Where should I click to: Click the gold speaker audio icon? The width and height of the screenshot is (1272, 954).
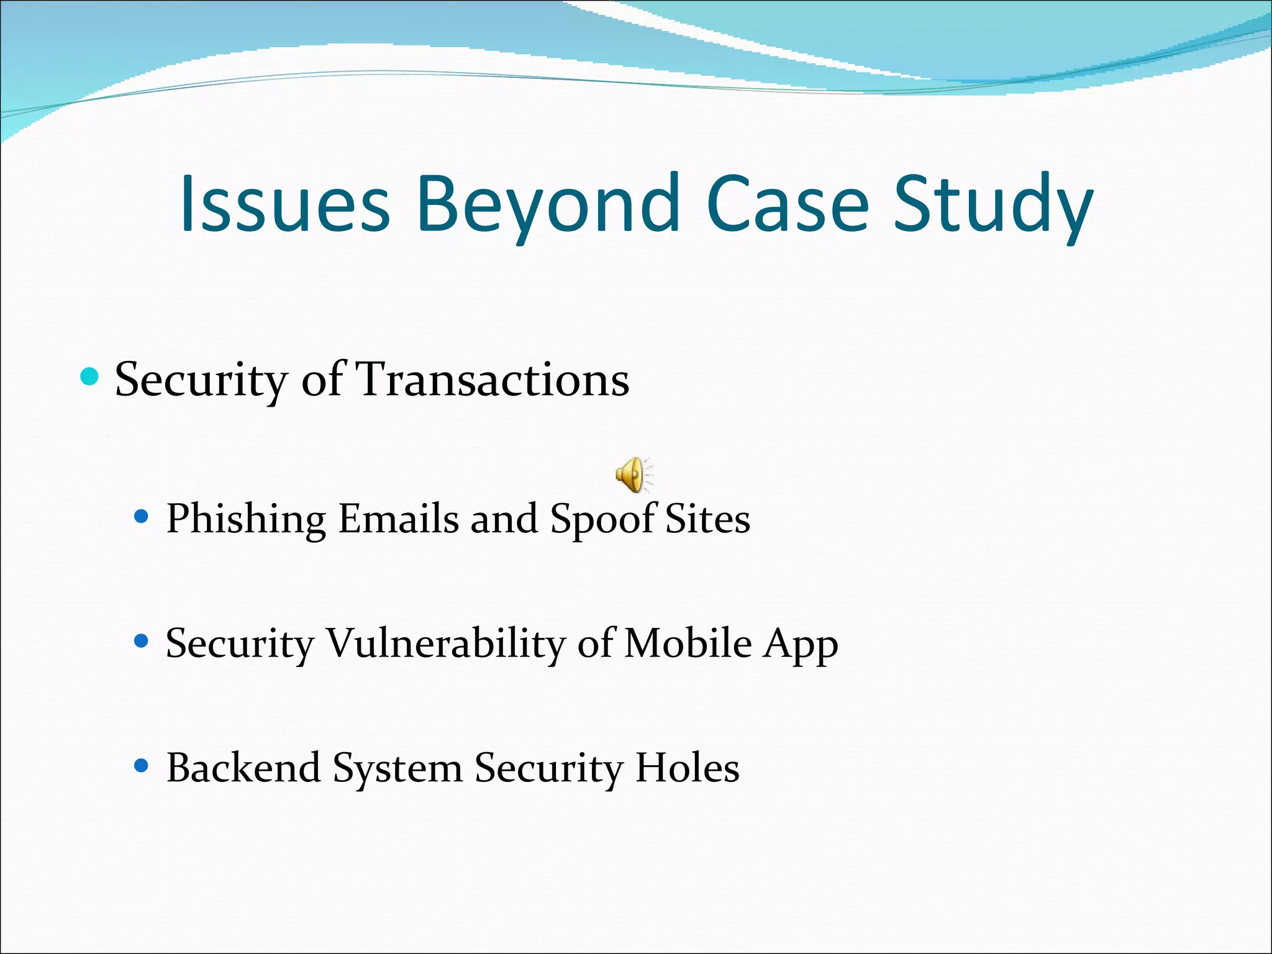tap(633, 475)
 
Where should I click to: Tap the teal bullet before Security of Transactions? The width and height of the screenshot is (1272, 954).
tap(90, 376)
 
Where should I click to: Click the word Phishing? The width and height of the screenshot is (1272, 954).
tap(246, 519)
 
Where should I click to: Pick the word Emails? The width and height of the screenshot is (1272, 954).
tap(397, 519)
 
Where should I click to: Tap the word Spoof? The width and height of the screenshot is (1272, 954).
tap(602, 519)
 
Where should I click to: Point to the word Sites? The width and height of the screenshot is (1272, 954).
tap(707, 519)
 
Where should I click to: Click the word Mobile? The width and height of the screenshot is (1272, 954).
tap(688, 643)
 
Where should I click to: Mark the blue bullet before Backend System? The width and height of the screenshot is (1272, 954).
tap(142, 765)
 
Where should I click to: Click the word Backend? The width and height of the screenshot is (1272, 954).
tap(243, 768)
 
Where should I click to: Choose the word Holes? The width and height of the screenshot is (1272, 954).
tap(687, 768)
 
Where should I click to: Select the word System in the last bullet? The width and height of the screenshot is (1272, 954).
tap(397, 769)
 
